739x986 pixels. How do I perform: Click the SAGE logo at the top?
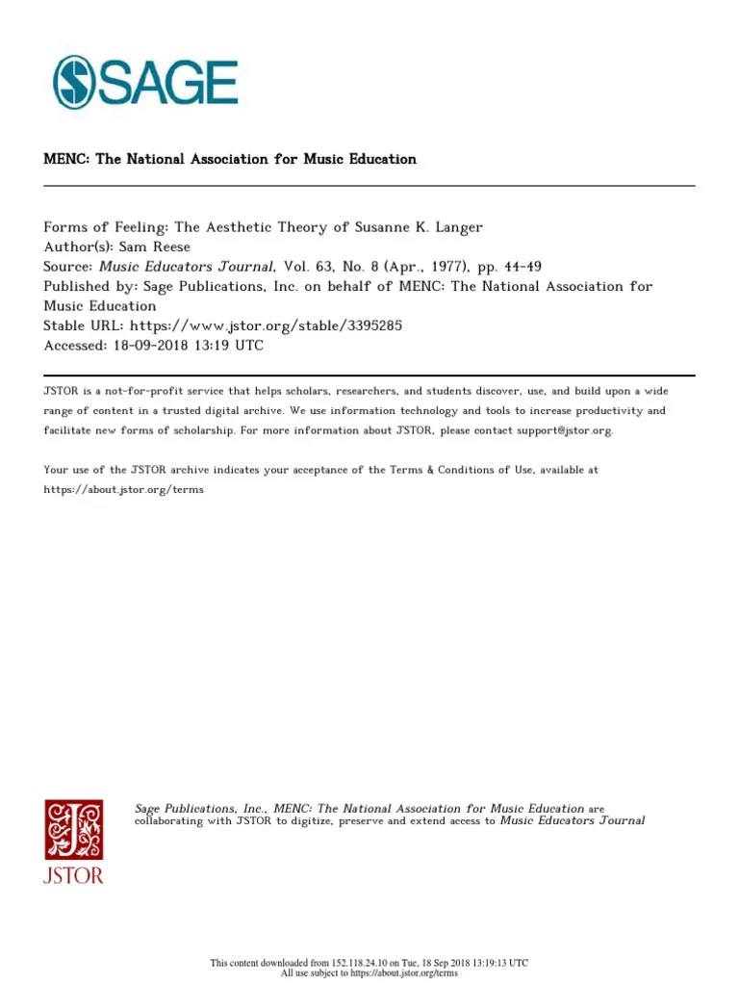[x=144, y=82]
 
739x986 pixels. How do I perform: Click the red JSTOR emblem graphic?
[x=73, y=829]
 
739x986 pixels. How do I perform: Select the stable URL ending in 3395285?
[x=266, y=325]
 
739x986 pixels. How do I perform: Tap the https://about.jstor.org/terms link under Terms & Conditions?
[x=124, y=489]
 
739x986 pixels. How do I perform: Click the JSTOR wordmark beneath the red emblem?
[x=73, y=875]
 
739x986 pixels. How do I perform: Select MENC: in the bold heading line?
[x=65, y=159]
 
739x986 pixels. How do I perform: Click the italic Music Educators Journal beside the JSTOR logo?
[x=573, y=820]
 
